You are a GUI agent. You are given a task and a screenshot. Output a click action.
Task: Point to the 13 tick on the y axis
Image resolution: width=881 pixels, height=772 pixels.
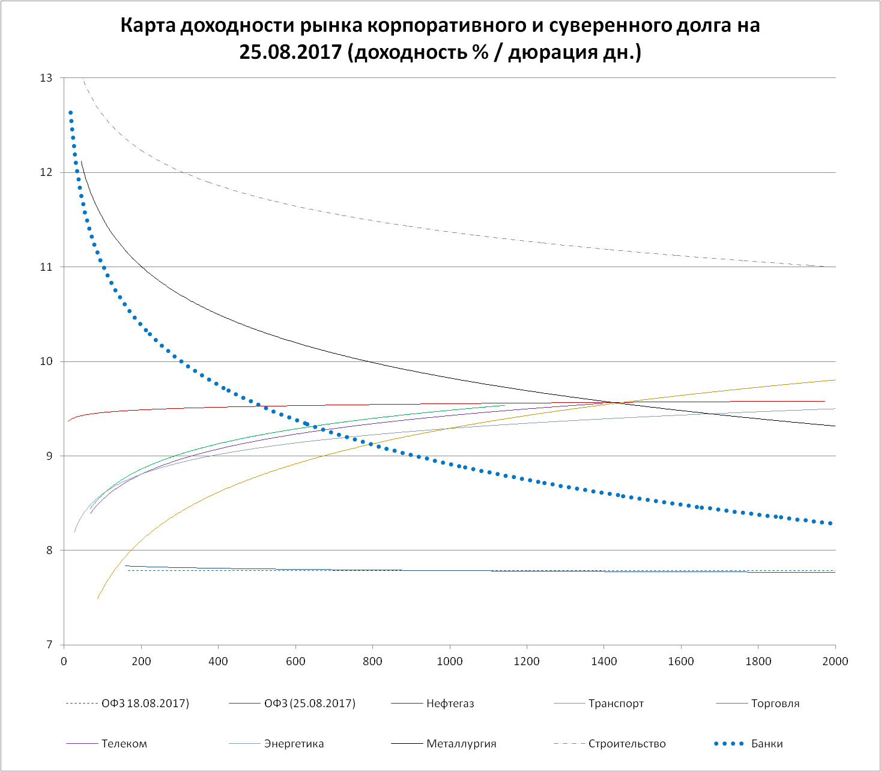[46, 78]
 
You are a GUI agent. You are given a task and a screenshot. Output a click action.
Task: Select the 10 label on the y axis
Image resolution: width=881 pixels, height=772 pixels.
[46, 361]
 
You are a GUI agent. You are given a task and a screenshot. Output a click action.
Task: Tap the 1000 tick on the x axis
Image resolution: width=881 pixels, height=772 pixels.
[450, 662]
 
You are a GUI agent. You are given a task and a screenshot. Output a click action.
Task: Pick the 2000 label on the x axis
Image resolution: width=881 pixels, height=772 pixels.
[835, 662]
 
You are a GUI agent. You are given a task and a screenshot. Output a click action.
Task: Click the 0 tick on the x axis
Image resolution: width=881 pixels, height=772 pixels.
[64, 662]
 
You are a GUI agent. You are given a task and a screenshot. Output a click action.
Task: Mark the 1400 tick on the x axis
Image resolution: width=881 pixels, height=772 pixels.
[604, 662]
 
